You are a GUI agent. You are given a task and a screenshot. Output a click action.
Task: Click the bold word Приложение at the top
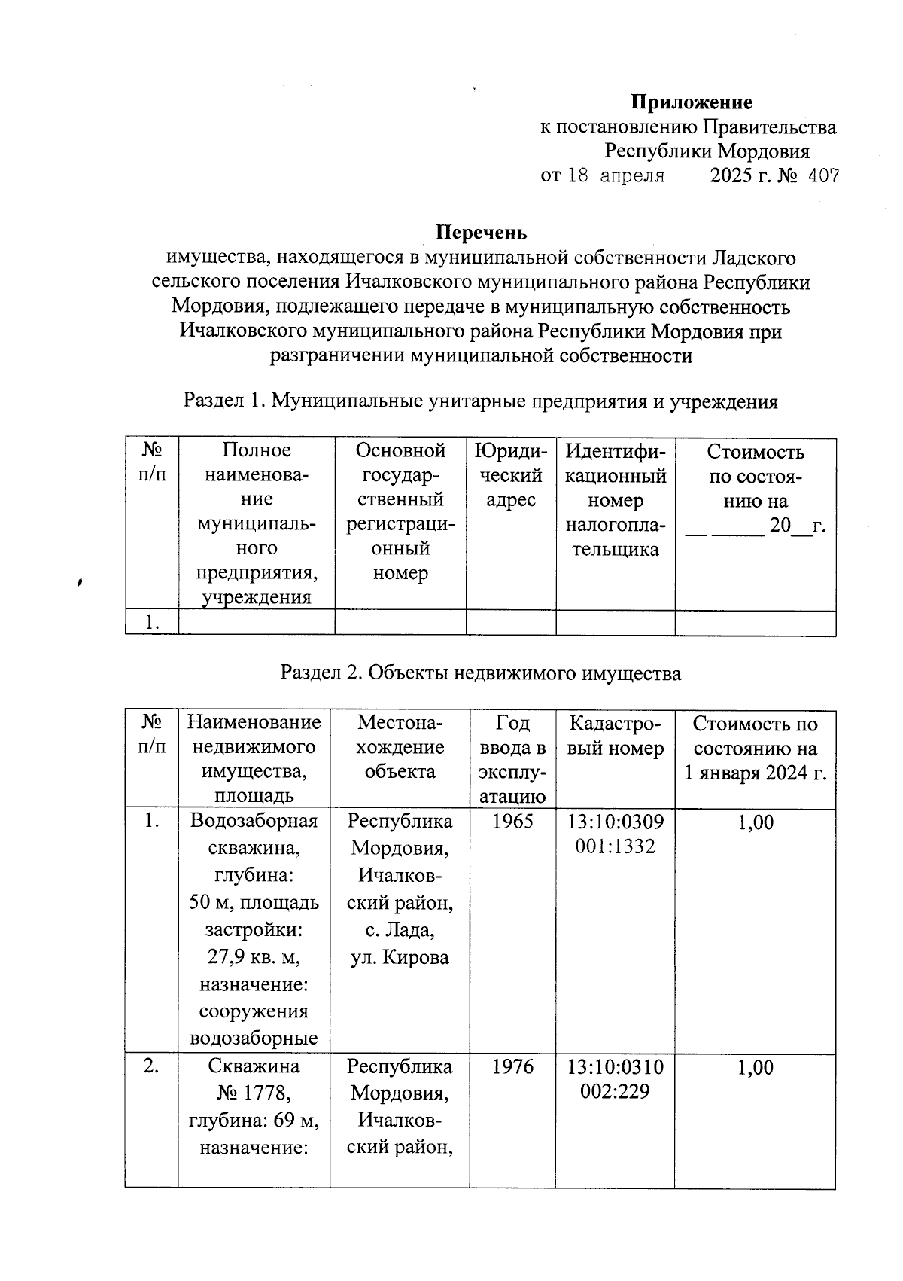tap(691, 102)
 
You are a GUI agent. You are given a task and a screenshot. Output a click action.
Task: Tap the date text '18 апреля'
tap(615, 177)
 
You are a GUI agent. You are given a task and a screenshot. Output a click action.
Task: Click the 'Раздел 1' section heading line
tap(480, 401)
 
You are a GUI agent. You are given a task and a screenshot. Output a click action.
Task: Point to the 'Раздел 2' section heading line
tap(480, 673)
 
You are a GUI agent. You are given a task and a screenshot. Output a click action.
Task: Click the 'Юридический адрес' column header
tap(510, 475)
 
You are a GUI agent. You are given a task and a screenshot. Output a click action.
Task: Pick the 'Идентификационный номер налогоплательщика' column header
tap(615, 500)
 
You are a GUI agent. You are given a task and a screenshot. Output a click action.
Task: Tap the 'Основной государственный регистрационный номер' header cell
tap(400, 512)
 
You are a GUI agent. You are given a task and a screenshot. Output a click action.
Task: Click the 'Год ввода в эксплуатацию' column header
tap(512, 759)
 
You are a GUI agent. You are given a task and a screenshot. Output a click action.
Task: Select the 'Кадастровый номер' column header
tap(615, 736)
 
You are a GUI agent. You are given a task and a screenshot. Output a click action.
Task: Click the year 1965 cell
tap(512, 822)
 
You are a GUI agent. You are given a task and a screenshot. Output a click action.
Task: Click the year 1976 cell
tap(512, 1067)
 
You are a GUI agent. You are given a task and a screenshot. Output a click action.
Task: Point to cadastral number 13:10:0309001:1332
tap(615, 834)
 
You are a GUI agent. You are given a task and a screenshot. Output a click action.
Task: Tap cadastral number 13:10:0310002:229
tap(615, 1079)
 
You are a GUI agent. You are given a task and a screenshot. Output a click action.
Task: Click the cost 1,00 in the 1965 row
tap(755, 822)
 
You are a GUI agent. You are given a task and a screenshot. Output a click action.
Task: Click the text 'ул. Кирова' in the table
tap(400, 958)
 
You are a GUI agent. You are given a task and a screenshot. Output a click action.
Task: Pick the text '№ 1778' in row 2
tap(254, 1092)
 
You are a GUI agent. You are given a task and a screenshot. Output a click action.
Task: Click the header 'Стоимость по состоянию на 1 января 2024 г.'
tap(755, 748)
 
